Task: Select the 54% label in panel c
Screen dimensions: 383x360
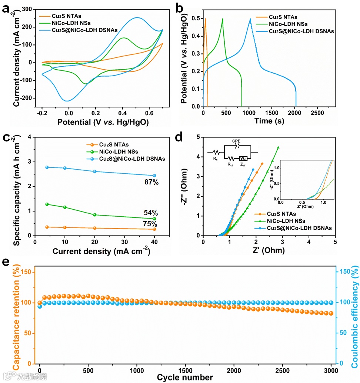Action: click(x=151, y=213)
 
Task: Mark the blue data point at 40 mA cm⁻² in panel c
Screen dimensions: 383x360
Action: click(x=154, y=176)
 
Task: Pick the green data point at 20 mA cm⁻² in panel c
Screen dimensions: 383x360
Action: click(x=95, y=215)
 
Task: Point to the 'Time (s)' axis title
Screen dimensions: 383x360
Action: click(x=269, y=121)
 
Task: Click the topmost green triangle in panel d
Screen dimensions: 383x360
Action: click(x=278, y=147)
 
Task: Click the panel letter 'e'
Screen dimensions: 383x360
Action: click(x=6, y=262)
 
